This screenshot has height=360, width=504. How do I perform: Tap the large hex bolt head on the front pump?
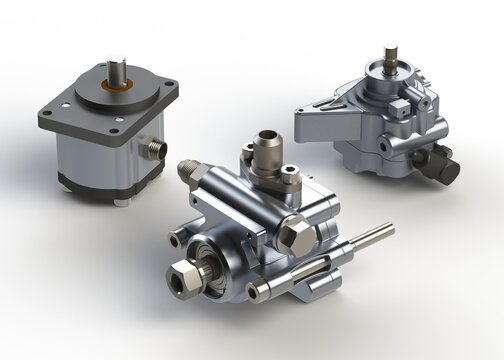tap(299, 238)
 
